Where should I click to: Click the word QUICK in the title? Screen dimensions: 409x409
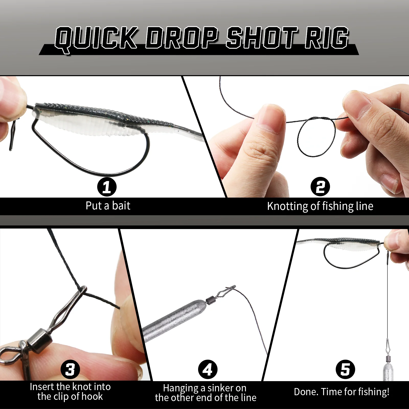96,39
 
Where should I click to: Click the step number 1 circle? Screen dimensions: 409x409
107,187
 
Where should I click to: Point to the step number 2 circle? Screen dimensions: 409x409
320,187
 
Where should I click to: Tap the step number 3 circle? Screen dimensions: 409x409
70,369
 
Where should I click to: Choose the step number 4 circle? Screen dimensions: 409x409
208,369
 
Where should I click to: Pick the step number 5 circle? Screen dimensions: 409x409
345,369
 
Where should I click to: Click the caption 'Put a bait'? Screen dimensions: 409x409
108,206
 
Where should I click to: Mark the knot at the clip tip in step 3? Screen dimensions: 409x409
83,289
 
